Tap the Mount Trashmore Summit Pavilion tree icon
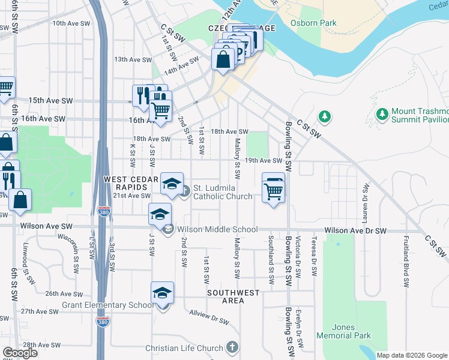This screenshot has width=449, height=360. click(x=382, y=113)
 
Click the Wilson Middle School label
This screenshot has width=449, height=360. click(x=217, y=229)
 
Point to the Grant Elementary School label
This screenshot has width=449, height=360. click(x=107, y=305)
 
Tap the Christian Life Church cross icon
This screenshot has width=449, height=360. click(x=232, y=348)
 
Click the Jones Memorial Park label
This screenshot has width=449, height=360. click(x=352, y=332)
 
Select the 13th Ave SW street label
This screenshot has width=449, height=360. click(x=130, y=59)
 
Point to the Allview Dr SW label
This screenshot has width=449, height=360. click(x=209, y=317)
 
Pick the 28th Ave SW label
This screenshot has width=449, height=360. click(x=41, y=346)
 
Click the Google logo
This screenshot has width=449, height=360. click(x=20, y=353)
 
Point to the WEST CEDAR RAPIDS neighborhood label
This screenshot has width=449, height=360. click(x=131, y=184)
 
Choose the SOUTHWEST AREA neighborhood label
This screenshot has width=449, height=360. click(x=234, y=296)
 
